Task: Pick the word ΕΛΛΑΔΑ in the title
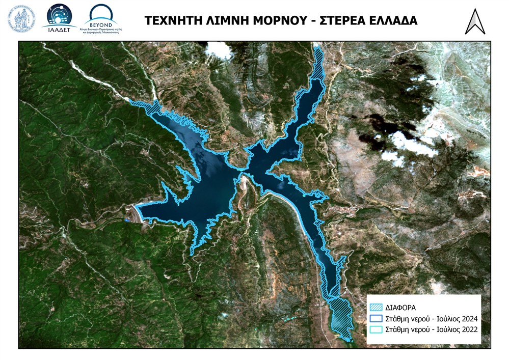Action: pyautogui.click(x=394, y=20)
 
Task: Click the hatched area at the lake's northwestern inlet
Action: pyautogui.click(x=151, y=107)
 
